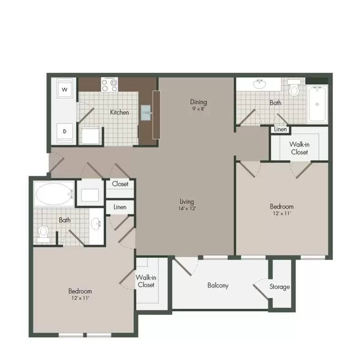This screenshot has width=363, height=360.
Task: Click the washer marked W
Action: (x=65, y=89)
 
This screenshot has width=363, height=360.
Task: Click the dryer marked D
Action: (x=65, y=132)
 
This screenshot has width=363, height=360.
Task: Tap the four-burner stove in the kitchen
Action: (x=110, y=85)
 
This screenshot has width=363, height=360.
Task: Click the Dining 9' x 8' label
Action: (x=198, y=105)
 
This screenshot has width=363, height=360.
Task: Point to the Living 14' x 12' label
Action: (x=187, y=205)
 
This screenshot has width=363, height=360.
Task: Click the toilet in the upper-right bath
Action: (x=294, y=87)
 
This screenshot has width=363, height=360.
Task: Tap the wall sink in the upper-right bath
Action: (x=260, y=84)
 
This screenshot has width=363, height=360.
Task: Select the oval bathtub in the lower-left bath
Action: (x=54, y=194)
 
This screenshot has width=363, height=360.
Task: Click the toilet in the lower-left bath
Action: (x=44, y=234)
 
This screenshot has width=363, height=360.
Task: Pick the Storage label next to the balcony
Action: (x=280, y=287)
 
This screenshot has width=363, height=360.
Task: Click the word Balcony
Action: (x=218, y=285)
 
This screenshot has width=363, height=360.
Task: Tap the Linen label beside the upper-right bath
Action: (x=281, y=129)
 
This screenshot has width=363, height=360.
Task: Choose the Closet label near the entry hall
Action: (x=120, y=184)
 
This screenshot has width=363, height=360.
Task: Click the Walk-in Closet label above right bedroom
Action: (x=300, y=149)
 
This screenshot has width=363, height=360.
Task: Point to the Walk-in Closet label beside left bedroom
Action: (x=146, y=281)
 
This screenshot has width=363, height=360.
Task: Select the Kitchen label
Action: (x=120, y=112)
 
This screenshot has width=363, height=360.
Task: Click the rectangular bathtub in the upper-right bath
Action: (x=317, y=104)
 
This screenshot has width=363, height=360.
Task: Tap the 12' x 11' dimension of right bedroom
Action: (x=281, y=213)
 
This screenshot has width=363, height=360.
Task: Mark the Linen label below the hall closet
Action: (x=120, y=207)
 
